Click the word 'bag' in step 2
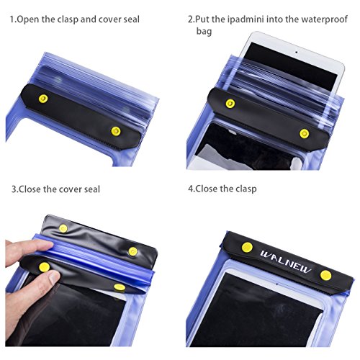[x=204, y=32]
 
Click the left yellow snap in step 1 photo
[x=43, y=99]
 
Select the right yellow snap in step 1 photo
[x=116, y=131]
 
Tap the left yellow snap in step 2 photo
[x=230, y=104]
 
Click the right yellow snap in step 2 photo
[x=304, y=134]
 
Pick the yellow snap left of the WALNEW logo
[x=247, y=248]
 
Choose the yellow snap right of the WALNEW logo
[x=326, y=275]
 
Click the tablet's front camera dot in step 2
[x=297, y=52]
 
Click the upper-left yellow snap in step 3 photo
[x=63, y=228]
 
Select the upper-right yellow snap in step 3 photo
[x=132, y=251]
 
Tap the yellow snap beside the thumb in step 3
[x=45, y=267]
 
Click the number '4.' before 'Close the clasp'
[x=192, y=189]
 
